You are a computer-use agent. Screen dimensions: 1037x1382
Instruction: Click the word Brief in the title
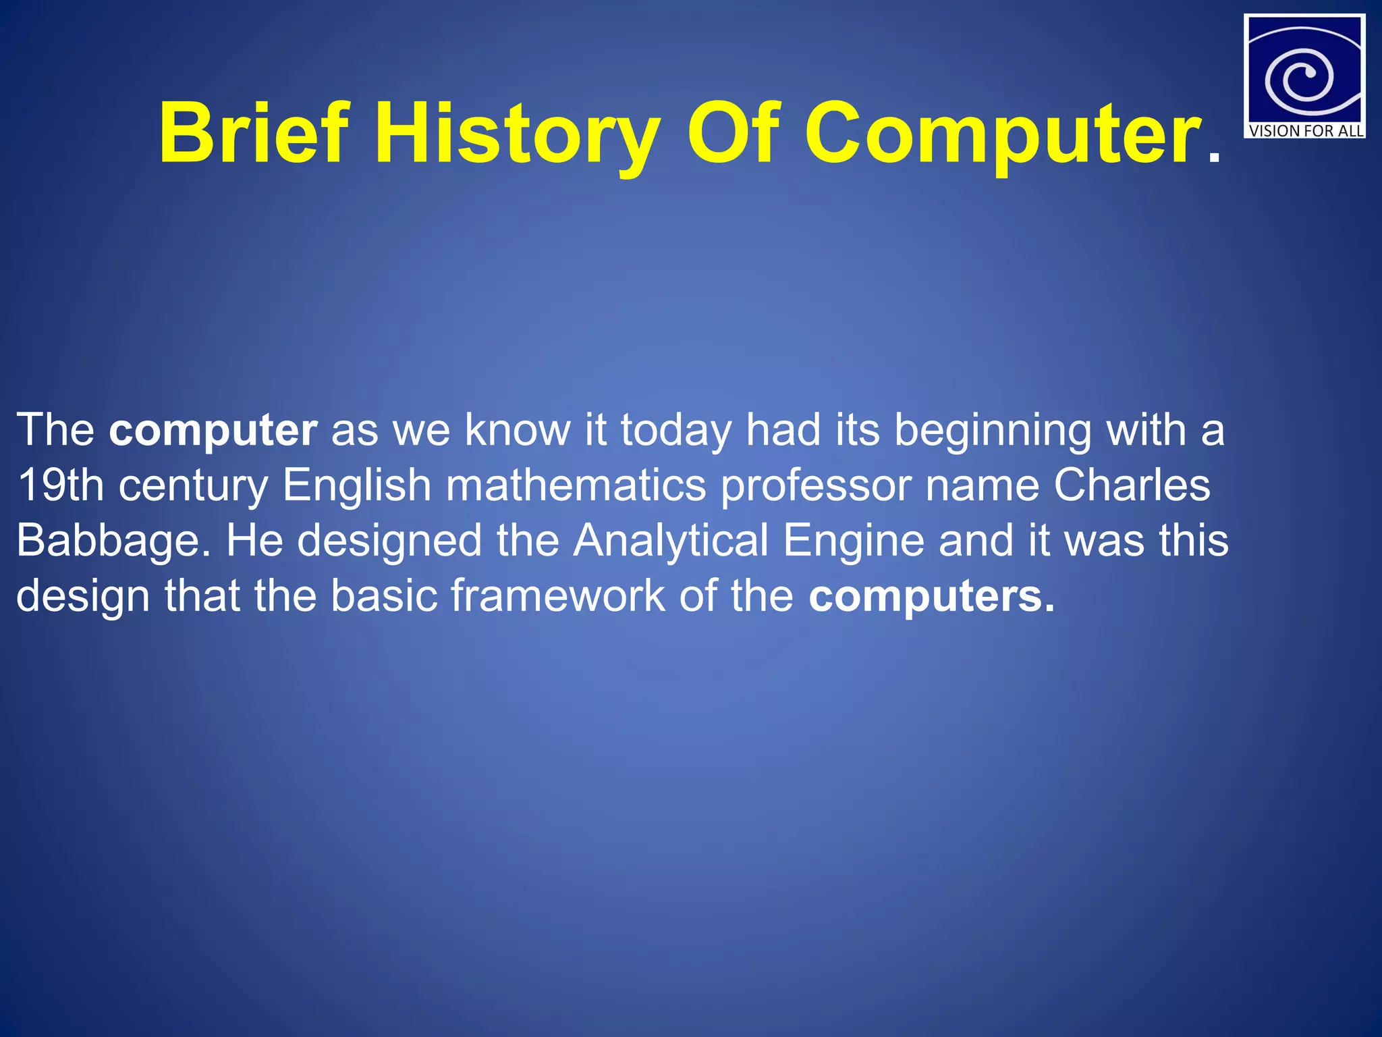click(254, 133)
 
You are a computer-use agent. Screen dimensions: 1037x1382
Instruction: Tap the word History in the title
click(517, 133)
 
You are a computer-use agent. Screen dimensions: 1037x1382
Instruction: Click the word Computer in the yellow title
click(1003, 133)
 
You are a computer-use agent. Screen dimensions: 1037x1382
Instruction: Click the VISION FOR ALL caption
click(1305, 130)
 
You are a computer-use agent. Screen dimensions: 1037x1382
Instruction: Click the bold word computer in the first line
click(213, 430)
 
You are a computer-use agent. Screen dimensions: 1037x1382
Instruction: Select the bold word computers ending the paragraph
click(931, 596)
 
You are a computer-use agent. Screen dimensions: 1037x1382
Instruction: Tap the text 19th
click(59, 485)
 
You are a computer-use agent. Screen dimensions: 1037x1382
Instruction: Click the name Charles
click(1132, 485)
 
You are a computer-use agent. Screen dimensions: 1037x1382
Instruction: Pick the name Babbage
click(108, 541)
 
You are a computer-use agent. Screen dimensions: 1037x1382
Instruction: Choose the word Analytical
click(671, 541)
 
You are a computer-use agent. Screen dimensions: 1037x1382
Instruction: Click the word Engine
click(853, 541)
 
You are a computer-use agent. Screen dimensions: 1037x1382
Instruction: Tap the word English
click(356, 485)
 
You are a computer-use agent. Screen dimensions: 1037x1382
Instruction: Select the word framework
click(557, 596)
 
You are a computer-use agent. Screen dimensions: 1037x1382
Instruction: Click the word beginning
click(993, 430)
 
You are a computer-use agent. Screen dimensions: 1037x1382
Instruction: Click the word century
click(193, 485)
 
